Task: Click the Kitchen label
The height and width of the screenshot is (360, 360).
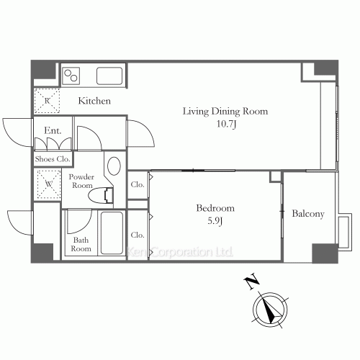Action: [94, 102]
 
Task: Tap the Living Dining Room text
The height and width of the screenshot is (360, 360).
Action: [225, 111]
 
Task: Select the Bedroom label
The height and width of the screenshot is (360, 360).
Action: [215, 208]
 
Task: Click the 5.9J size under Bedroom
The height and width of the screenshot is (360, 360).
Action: [215, 220]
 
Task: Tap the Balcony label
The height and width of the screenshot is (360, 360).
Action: [309, 214]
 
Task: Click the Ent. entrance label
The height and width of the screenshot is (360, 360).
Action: [53, 130]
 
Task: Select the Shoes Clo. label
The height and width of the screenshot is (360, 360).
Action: [53, 158]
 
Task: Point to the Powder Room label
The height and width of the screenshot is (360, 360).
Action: [82, 180]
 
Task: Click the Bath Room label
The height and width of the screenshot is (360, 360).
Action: [81, 243]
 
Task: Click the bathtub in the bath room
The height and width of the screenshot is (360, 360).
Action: [112, 233]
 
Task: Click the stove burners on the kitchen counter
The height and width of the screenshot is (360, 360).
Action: [73, 74]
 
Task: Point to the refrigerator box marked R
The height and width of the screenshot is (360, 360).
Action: [48, 101]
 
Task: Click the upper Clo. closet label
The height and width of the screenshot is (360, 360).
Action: [138, 185]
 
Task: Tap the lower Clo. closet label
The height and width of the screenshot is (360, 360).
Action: [138, 235]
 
